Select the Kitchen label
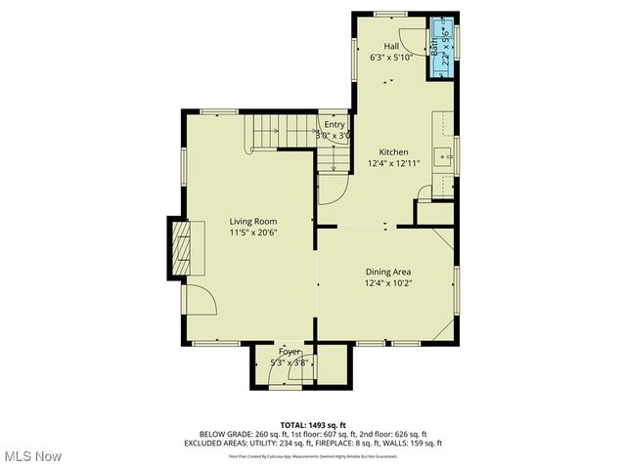tap(393, 152)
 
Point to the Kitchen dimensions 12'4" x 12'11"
tap(393, 164)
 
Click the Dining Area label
tap(387, 272)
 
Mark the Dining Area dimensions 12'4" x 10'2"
tap(387, 283)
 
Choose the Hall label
tap(391, 46)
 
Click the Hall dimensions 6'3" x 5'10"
tap(391, 58)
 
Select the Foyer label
tap(290, 351)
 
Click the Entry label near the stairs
tap(335, 124)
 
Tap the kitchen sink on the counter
tap(443, 153)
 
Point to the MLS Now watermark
tap(32, 456)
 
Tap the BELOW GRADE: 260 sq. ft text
tap(241, 434)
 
